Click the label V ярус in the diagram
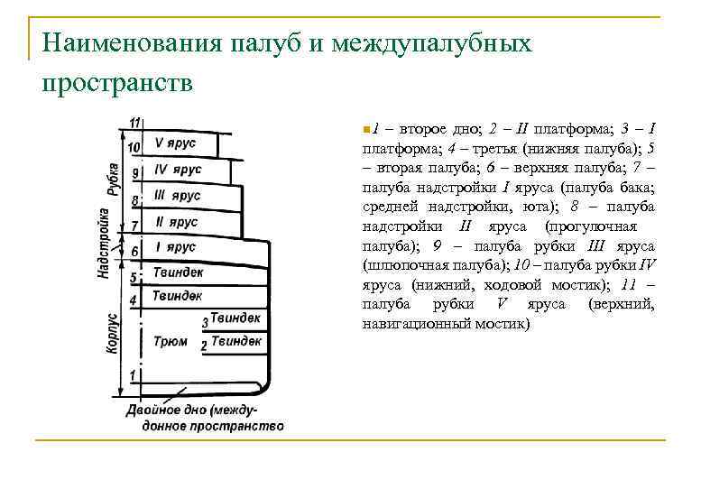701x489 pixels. tap(174, 143)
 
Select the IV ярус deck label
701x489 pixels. tap(178, 169)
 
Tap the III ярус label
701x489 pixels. tap(177, 195)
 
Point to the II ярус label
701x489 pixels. tap(176, 221)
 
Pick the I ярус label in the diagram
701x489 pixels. tap(176, 246)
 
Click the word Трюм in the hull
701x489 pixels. tap(171, 342)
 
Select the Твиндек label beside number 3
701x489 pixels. tap(235, 318)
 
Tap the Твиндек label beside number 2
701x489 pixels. tap(235, 341)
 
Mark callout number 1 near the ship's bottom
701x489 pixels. tap(133, 374)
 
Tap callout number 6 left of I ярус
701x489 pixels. tap(134, 251)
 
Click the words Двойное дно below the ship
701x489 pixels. tap(162, 411)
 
